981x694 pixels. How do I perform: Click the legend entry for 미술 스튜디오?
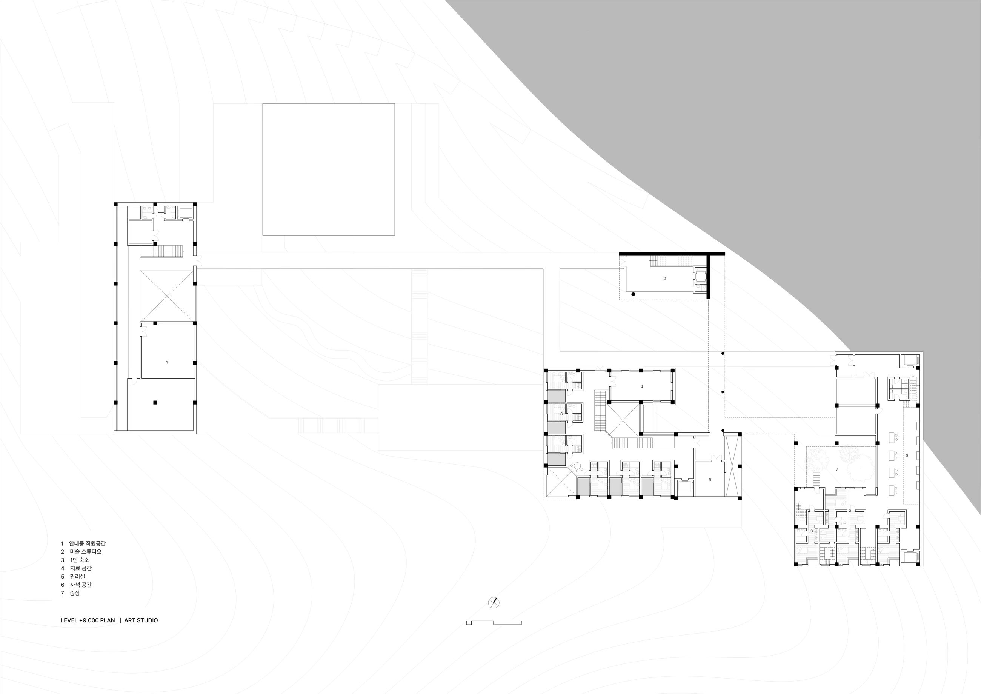[x=81, y=552]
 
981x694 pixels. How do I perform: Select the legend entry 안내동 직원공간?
[x=83, y=543]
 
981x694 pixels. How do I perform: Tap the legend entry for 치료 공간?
[x=76, y=568]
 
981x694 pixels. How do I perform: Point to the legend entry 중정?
[x=70, y=593]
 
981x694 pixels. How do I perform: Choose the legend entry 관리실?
[x=73, y=577]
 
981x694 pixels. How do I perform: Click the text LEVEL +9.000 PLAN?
[x=88, y=620]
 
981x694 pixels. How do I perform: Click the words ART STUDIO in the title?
[x=141, y=620]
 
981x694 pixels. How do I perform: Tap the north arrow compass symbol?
[x=494, y=603]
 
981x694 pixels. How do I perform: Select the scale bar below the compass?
[x=494, y=623]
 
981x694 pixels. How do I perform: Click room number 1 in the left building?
[x=167, y=362]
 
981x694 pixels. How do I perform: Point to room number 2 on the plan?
[x=664, y=279]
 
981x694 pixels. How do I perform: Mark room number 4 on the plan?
[x=641, y=387]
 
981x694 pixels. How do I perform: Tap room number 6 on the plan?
[x=907, y=455]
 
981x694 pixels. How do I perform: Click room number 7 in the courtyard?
[x=837, y=469]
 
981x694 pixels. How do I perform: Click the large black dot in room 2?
[x=633, y=294]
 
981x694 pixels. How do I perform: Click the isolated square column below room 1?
[x=155, y=403]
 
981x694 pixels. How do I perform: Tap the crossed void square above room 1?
[x=168, y=296]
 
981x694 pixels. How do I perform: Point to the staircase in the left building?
[x=168, y=251]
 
